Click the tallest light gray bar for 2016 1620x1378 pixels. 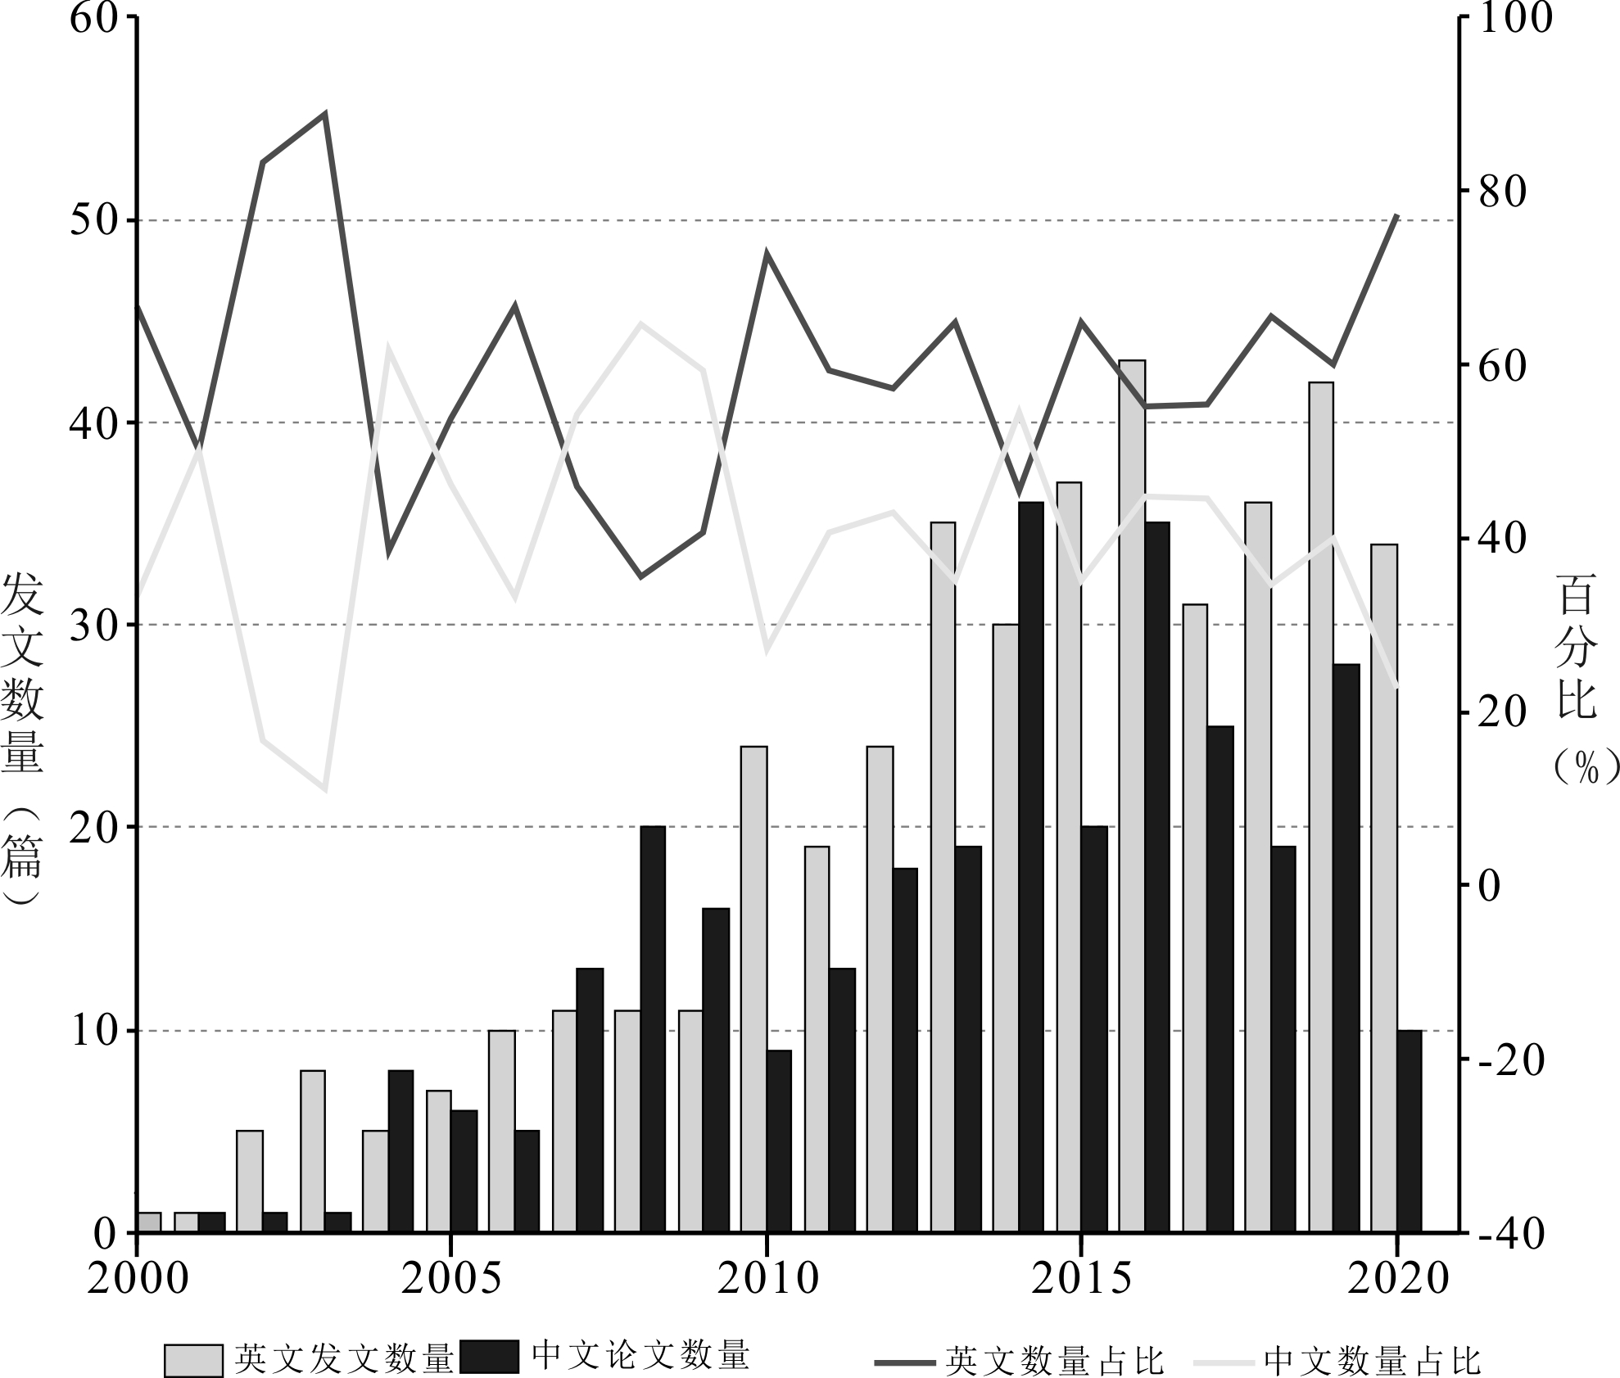(1132, 794)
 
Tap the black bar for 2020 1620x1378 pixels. (1410, 1130)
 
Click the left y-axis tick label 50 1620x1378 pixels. (92, 221)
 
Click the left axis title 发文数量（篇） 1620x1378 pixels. (22, 737)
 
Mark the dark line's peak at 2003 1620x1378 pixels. (325, 114)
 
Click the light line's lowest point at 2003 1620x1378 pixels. (325, 789)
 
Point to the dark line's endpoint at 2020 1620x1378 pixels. (1397, 215)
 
